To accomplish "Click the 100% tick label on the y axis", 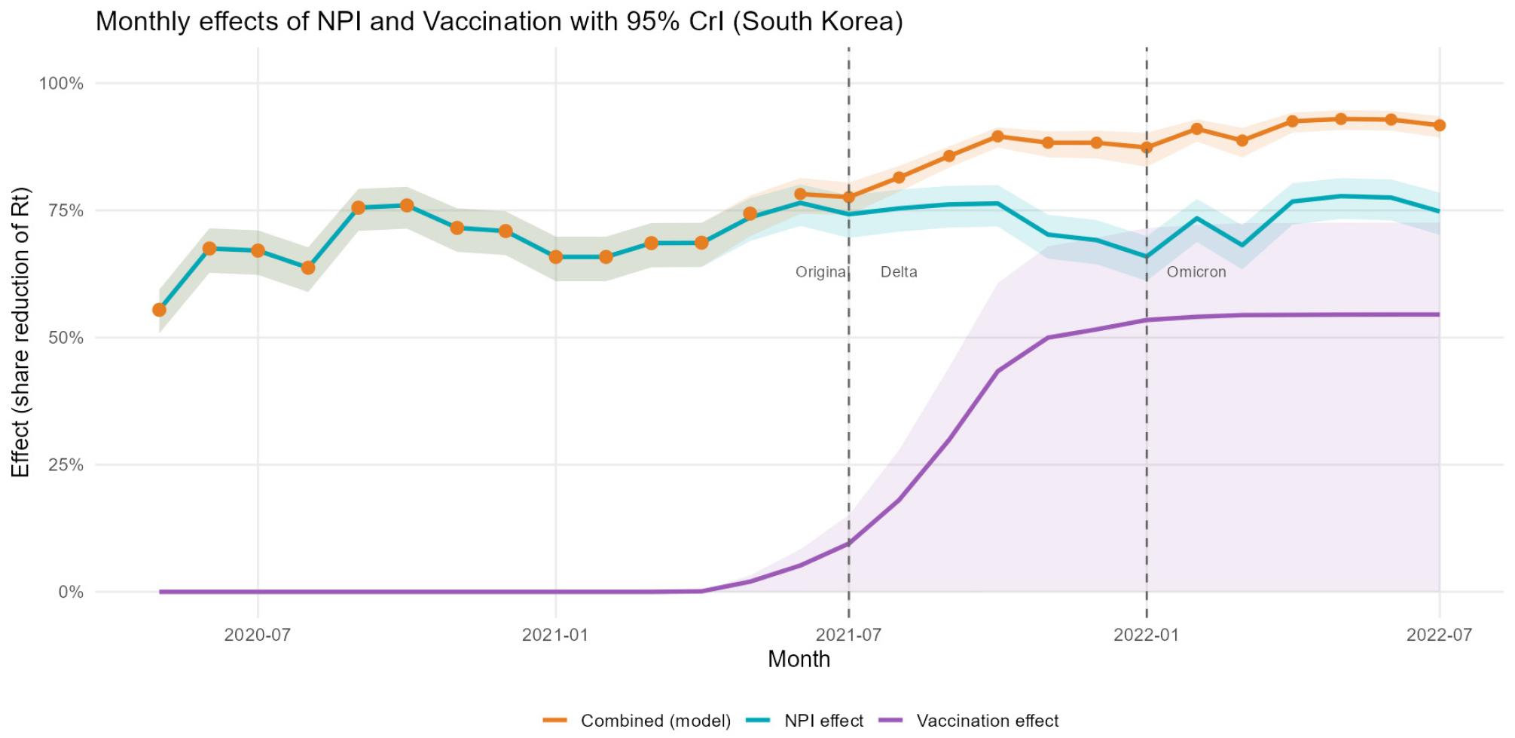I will tap(61, 84).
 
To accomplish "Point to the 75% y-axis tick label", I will tap(66, 211).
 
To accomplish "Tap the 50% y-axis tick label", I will tap(66, 338).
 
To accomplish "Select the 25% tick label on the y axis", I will tap(66, 465).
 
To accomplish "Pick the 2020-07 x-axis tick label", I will tap(258, 635).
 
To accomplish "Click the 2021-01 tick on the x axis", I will tap(555, 635).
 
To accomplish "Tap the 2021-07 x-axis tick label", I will tap(848, 635).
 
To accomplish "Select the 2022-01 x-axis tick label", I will tap(1146, 635).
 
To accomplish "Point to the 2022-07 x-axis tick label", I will tap(1439, 635).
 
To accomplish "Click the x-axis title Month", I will tap(799, 660).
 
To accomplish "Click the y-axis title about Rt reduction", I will tap(20, 332).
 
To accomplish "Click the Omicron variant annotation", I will tap(1196, 272).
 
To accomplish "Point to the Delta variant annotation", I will tap(899, 272).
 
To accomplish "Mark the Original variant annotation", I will tap(821, 272).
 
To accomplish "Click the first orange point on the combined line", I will tap(159, 310).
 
